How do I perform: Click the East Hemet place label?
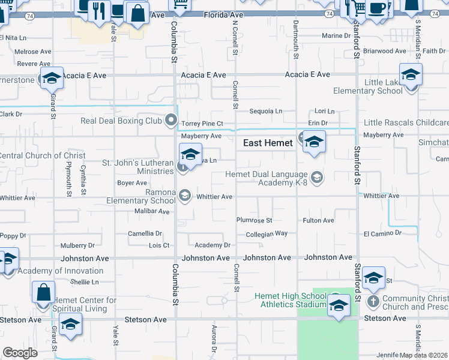click(268, 143)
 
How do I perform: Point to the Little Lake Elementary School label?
click(369, 87)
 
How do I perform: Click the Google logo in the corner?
click(20, 353)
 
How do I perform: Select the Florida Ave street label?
click(224, 14)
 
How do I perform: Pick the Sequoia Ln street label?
click(266, 111)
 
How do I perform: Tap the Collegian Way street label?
click(267, 233)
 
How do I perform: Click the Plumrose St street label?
click(254, 221)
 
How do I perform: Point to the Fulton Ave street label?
click(318, 221)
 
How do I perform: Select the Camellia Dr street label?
click(145, 233)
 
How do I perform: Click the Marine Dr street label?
click(336, 36)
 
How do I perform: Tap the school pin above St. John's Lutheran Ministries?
click(190, 155)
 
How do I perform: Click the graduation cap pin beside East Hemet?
click(314, 143)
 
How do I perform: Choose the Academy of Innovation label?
click(60, 271)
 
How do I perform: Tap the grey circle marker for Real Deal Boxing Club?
click(172, 121)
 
